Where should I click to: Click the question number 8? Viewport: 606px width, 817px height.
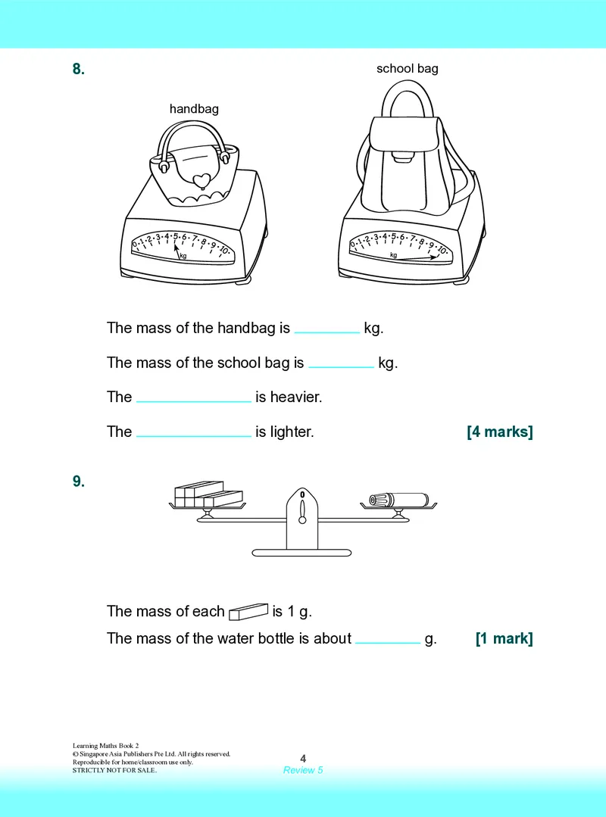pos(79,69)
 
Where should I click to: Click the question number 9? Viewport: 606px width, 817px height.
pos(79,482)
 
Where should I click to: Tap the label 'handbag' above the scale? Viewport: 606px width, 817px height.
pos(194,109)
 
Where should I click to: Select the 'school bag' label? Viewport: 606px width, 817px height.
pos(408,69)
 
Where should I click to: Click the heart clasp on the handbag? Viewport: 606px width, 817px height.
pos(201,180)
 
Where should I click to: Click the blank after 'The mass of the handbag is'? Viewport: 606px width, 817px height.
pos(327,332)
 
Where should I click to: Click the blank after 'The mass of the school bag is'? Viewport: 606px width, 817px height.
pos(342,366)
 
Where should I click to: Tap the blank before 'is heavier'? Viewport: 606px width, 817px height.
pos(194,401)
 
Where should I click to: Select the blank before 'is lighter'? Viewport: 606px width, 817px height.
pos(194,435)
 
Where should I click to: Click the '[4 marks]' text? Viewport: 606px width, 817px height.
pos(500,432)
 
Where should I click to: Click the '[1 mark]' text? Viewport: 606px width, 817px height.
pos(504,639)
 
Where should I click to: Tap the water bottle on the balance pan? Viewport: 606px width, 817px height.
pos(399,500)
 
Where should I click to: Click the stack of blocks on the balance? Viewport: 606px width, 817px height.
pos(208,494)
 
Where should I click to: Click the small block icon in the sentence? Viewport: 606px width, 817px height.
pos(248,612)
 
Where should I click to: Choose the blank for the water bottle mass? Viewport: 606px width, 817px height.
pos(388,642)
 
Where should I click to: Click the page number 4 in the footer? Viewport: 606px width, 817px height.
pos(303,759)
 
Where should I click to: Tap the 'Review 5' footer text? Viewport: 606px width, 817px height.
pos(303,770)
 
